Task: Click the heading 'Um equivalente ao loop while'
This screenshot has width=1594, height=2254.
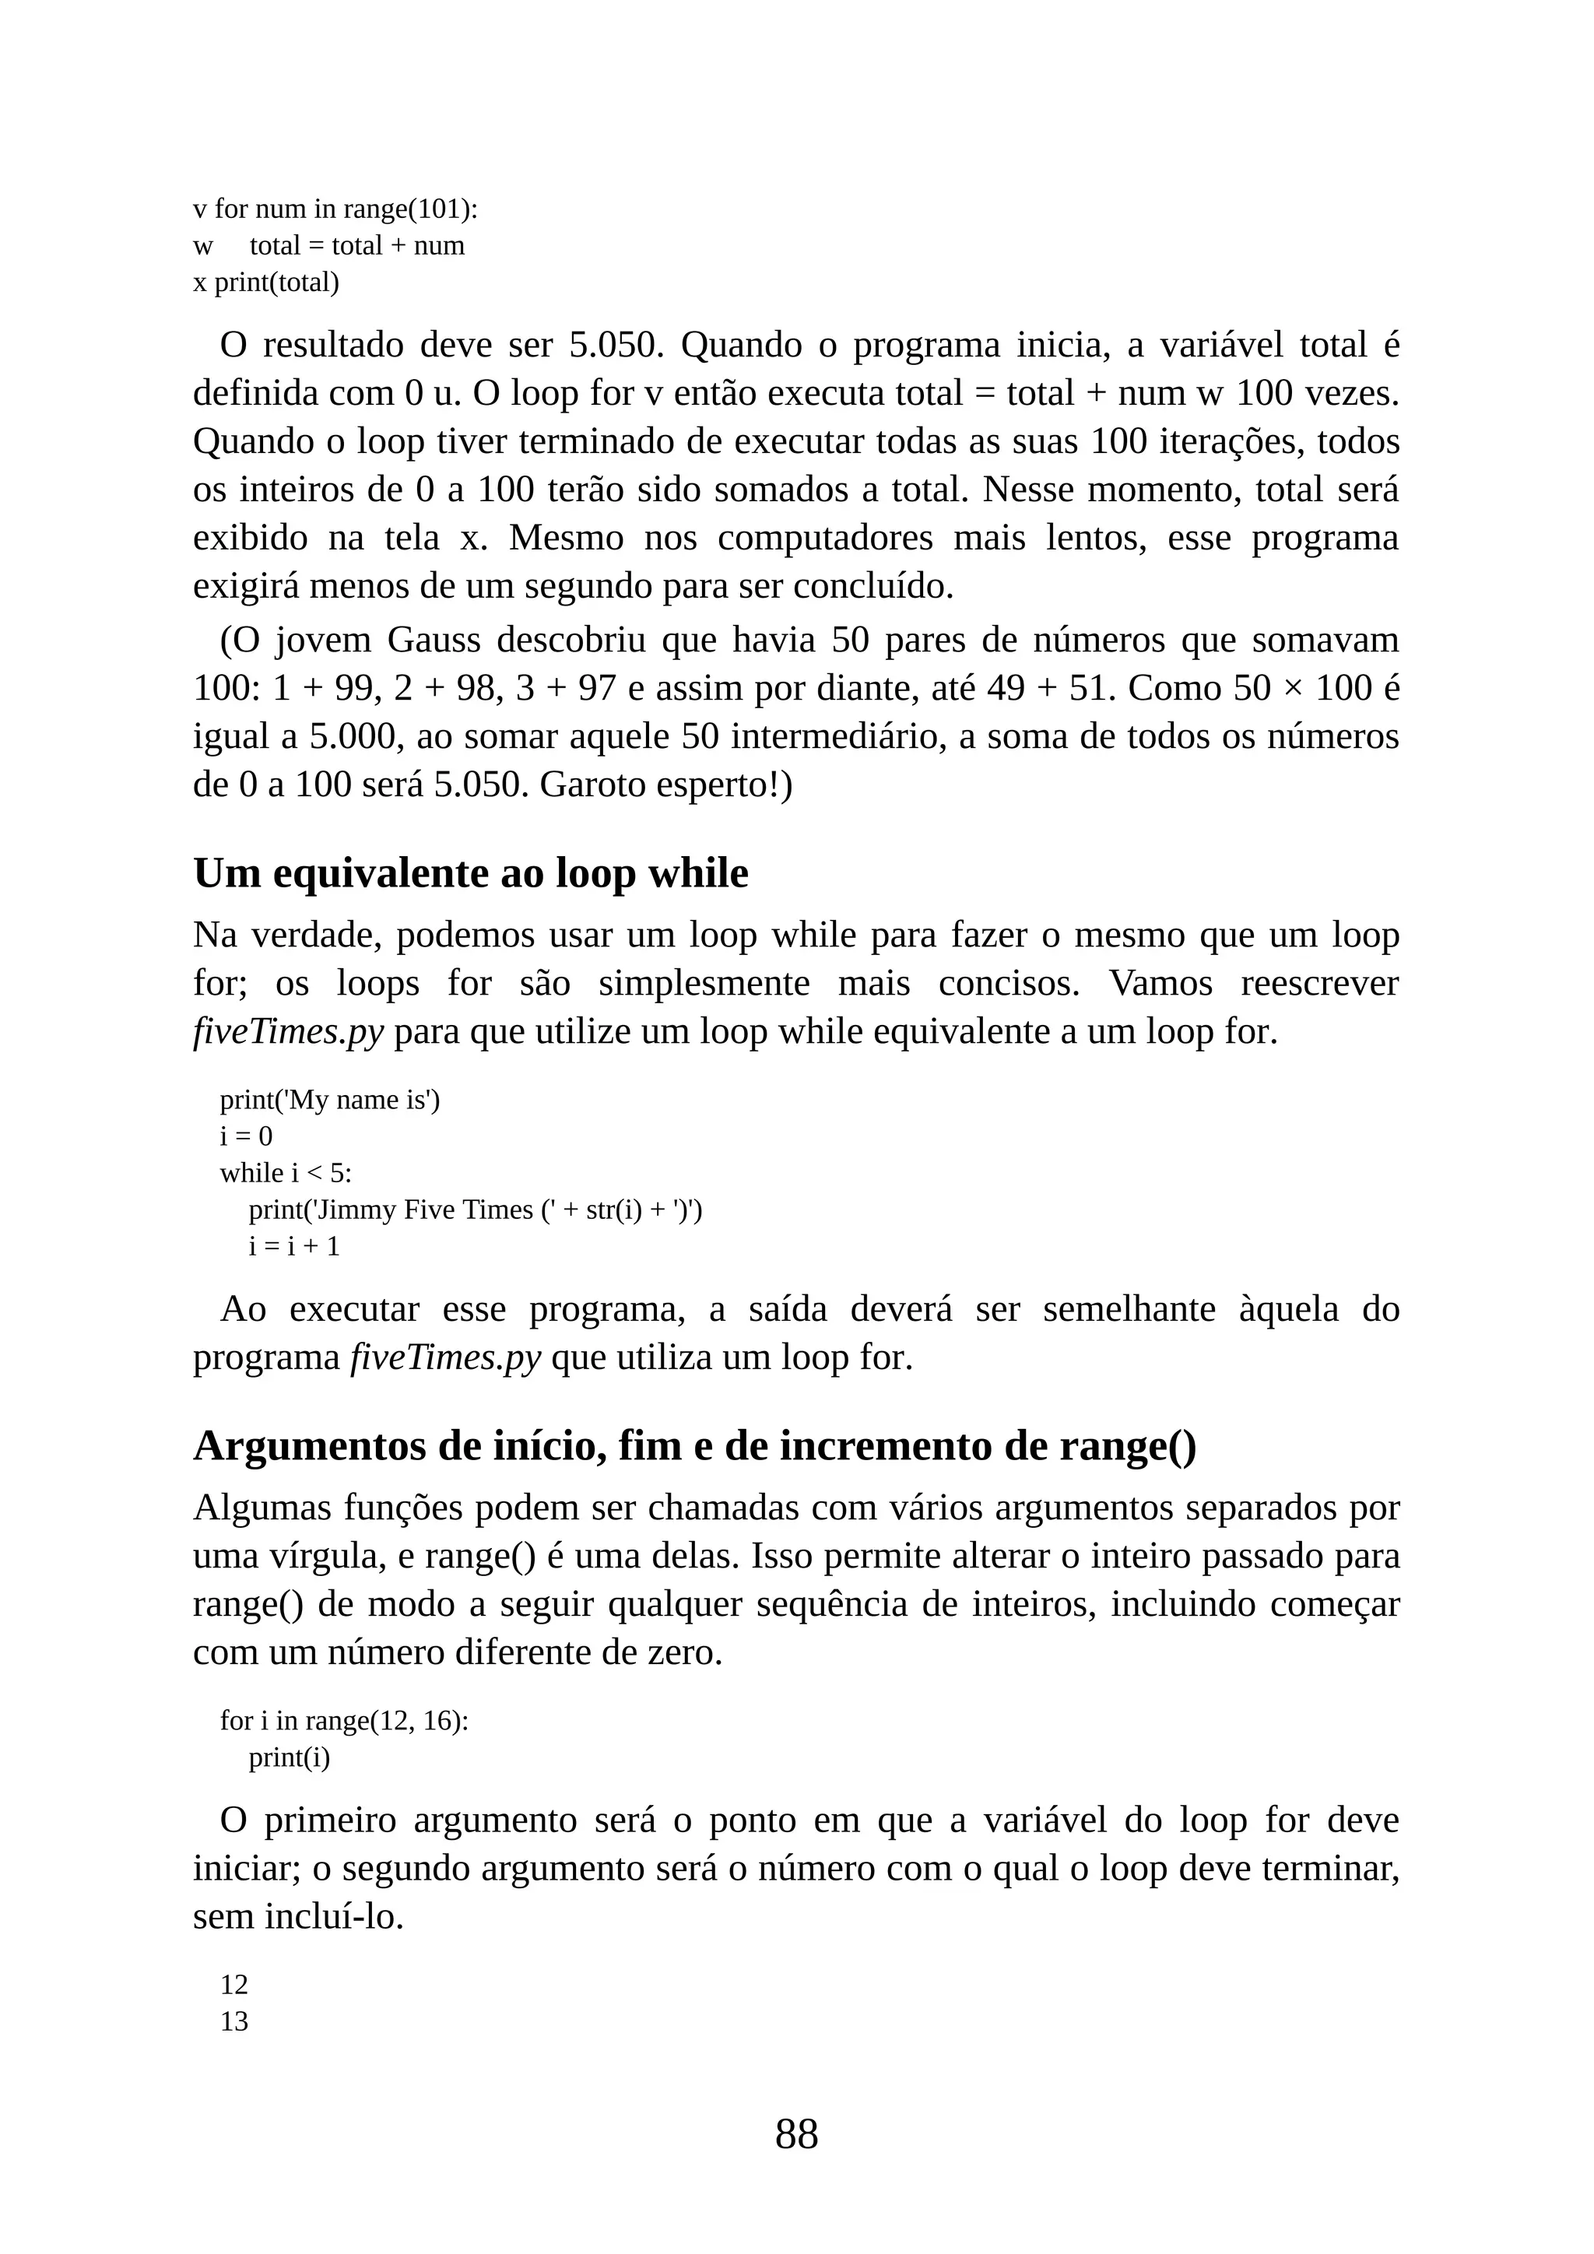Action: click(x=470, y=872)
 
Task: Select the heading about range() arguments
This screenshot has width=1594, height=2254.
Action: click(x=694, y=1446)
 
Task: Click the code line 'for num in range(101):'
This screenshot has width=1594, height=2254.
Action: click(x=346, y=209)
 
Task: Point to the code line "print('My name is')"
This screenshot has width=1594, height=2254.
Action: click(x=330, y=1100)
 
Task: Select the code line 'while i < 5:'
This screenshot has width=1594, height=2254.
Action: click(x=286, y=1173)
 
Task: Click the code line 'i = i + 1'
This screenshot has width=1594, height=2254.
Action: click(x=294, y=1247)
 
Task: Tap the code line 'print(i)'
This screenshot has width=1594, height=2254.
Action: click(x=290, y=1757)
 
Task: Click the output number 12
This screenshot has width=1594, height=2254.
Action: click(x=233, y=1985)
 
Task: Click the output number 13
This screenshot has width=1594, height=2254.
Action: click(x=233, y=2021)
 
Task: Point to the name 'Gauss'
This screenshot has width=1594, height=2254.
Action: click(x=434, y=640)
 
